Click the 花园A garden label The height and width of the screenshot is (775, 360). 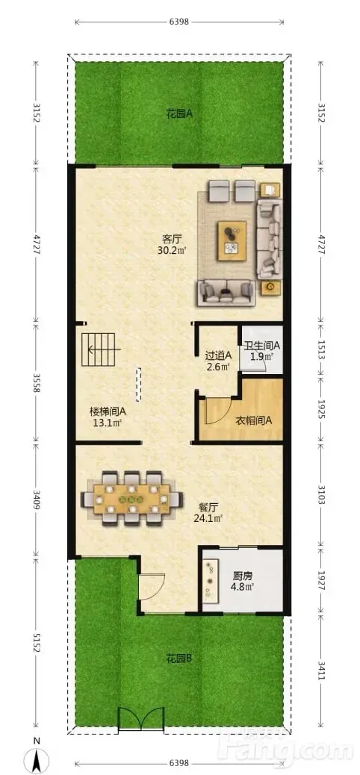[x=179, y=114]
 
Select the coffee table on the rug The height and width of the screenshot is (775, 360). [x=232, y=240]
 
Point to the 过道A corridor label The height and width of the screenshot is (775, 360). [x=218, y=355]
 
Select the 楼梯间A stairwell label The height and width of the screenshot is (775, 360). [x=108, y=411]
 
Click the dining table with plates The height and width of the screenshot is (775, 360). [x=132, y=498]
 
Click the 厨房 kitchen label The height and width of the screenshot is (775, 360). [x=240, y=576]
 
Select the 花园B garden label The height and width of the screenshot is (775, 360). [x=179, y=659]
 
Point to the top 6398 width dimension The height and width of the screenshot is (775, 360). [x=179, y=22]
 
